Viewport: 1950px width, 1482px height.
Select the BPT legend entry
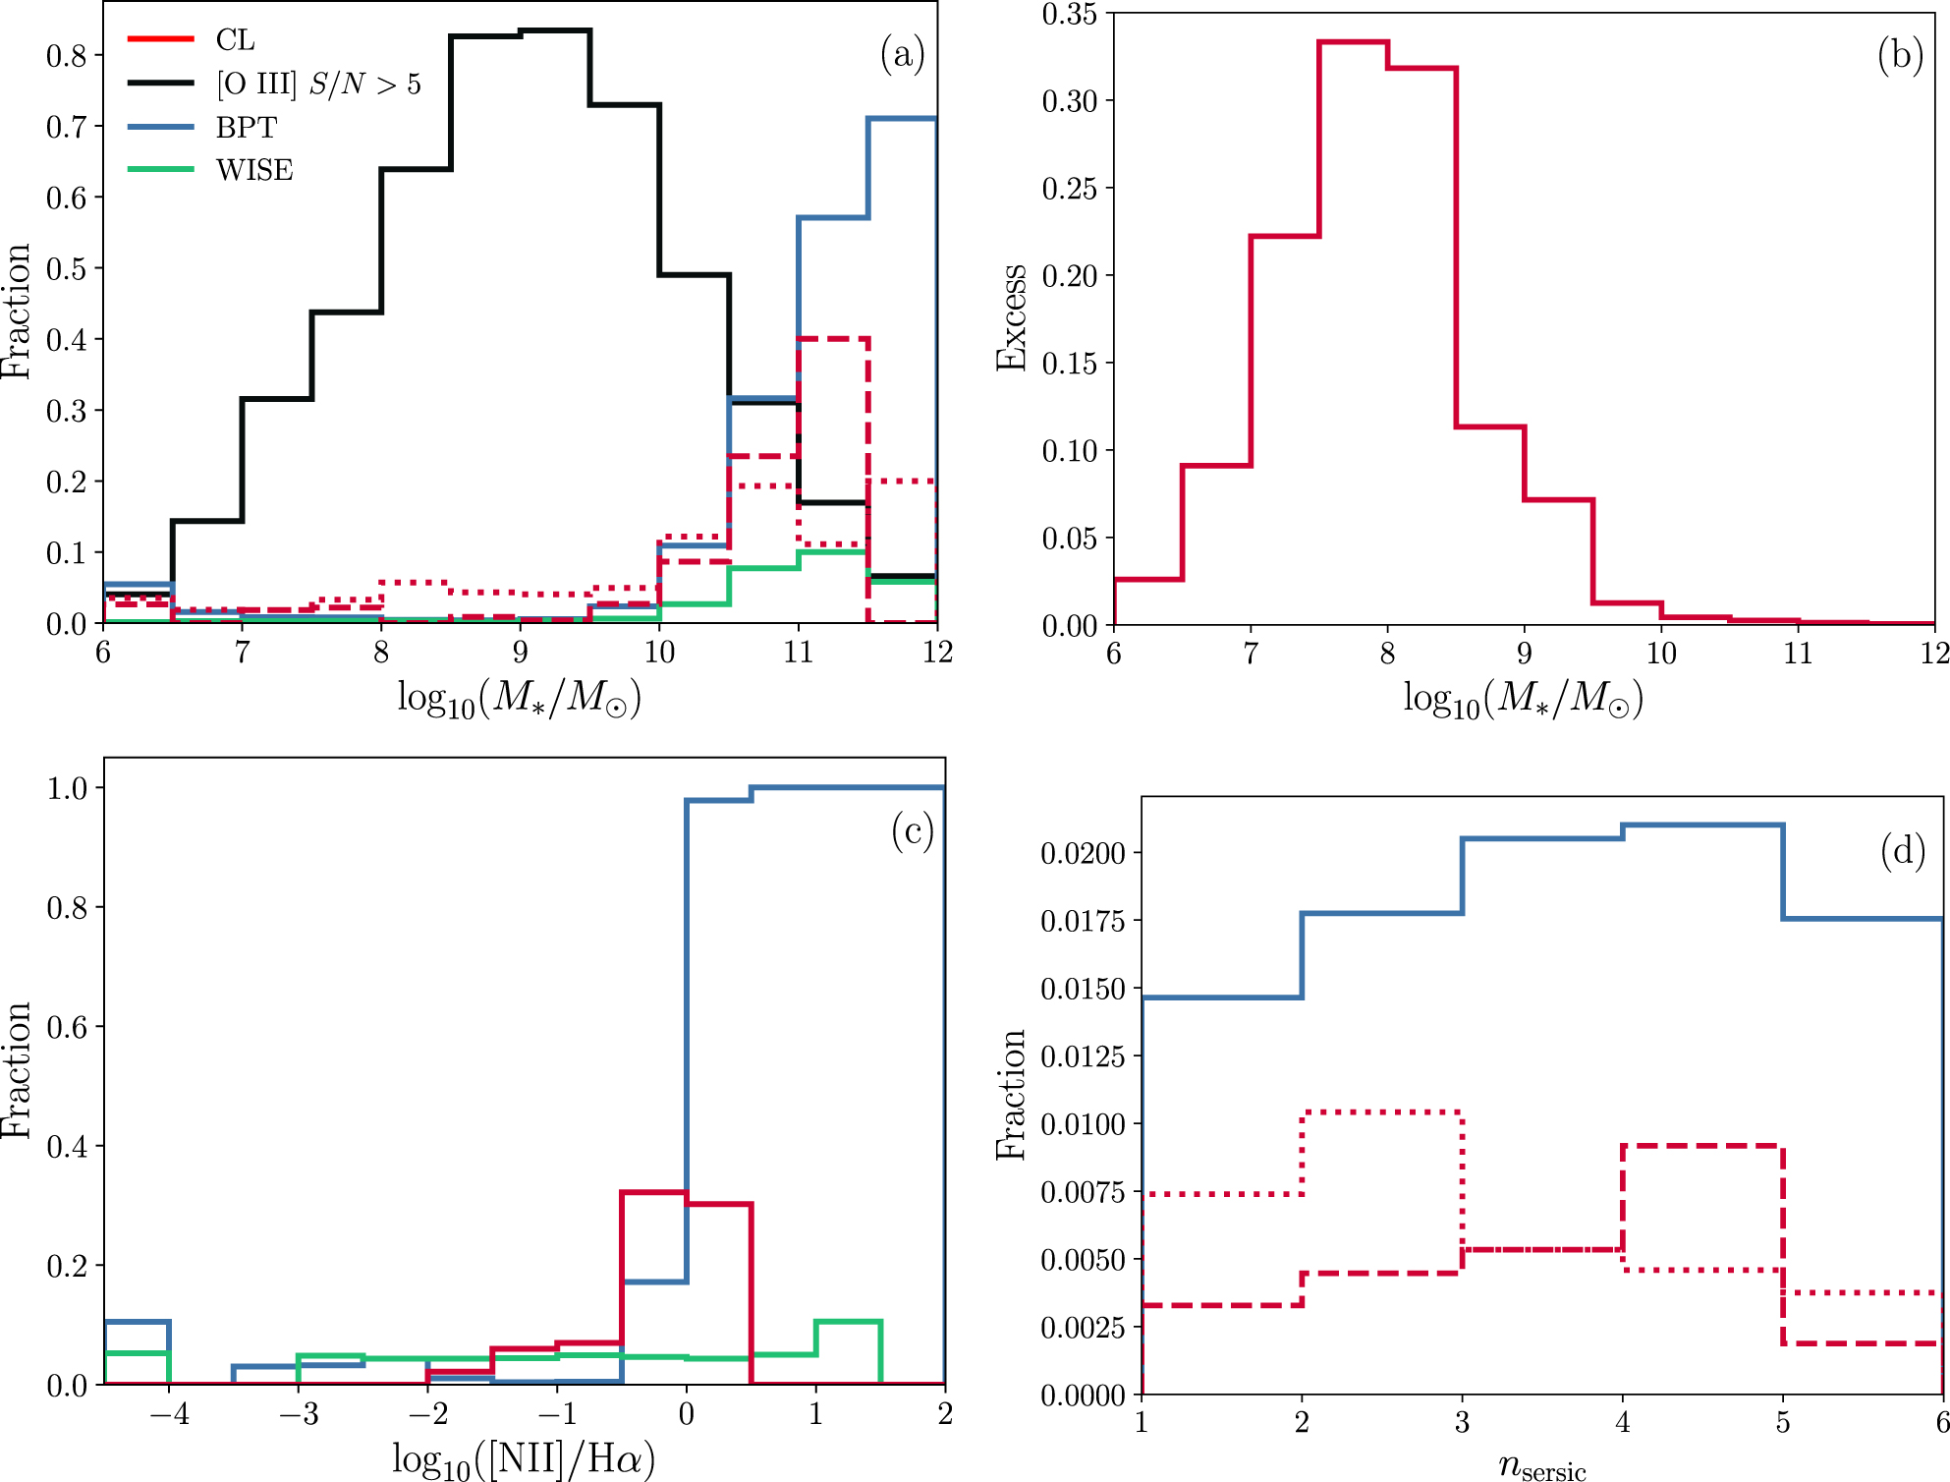click(246, 128)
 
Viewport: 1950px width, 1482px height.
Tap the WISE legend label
click(254, 170)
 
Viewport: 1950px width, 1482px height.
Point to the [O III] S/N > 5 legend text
click(318, 85)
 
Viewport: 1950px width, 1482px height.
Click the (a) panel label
click(902, 54)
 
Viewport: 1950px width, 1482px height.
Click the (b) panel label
click(1900, 55)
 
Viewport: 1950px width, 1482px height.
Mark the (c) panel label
click(912, 831)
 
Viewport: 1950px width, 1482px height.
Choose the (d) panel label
click(1903, 851)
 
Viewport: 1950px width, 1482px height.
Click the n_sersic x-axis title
click(1541, 1466)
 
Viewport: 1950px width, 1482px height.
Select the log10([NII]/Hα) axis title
click(523, 1459)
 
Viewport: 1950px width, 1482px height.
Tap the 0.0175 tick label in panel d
click(1083, 921)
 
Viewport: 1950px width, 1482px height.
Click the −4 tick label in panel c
click(169, 1414)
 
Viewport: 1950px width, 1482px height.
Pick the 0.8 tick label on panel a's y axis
click(67, 55)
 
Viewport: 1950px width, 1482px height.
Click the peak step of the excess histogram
click(1353, 42)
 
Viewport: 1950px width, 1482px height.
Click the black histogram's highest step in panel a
click(555, 31)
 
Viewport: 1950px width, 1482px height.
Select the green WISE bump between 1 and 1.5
click(848, 1323)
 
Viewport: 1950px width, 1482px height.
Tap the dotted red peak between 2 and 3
click(1381, 1112)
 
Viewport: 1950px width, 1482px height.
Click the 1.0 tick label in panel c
click(67, 788)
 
